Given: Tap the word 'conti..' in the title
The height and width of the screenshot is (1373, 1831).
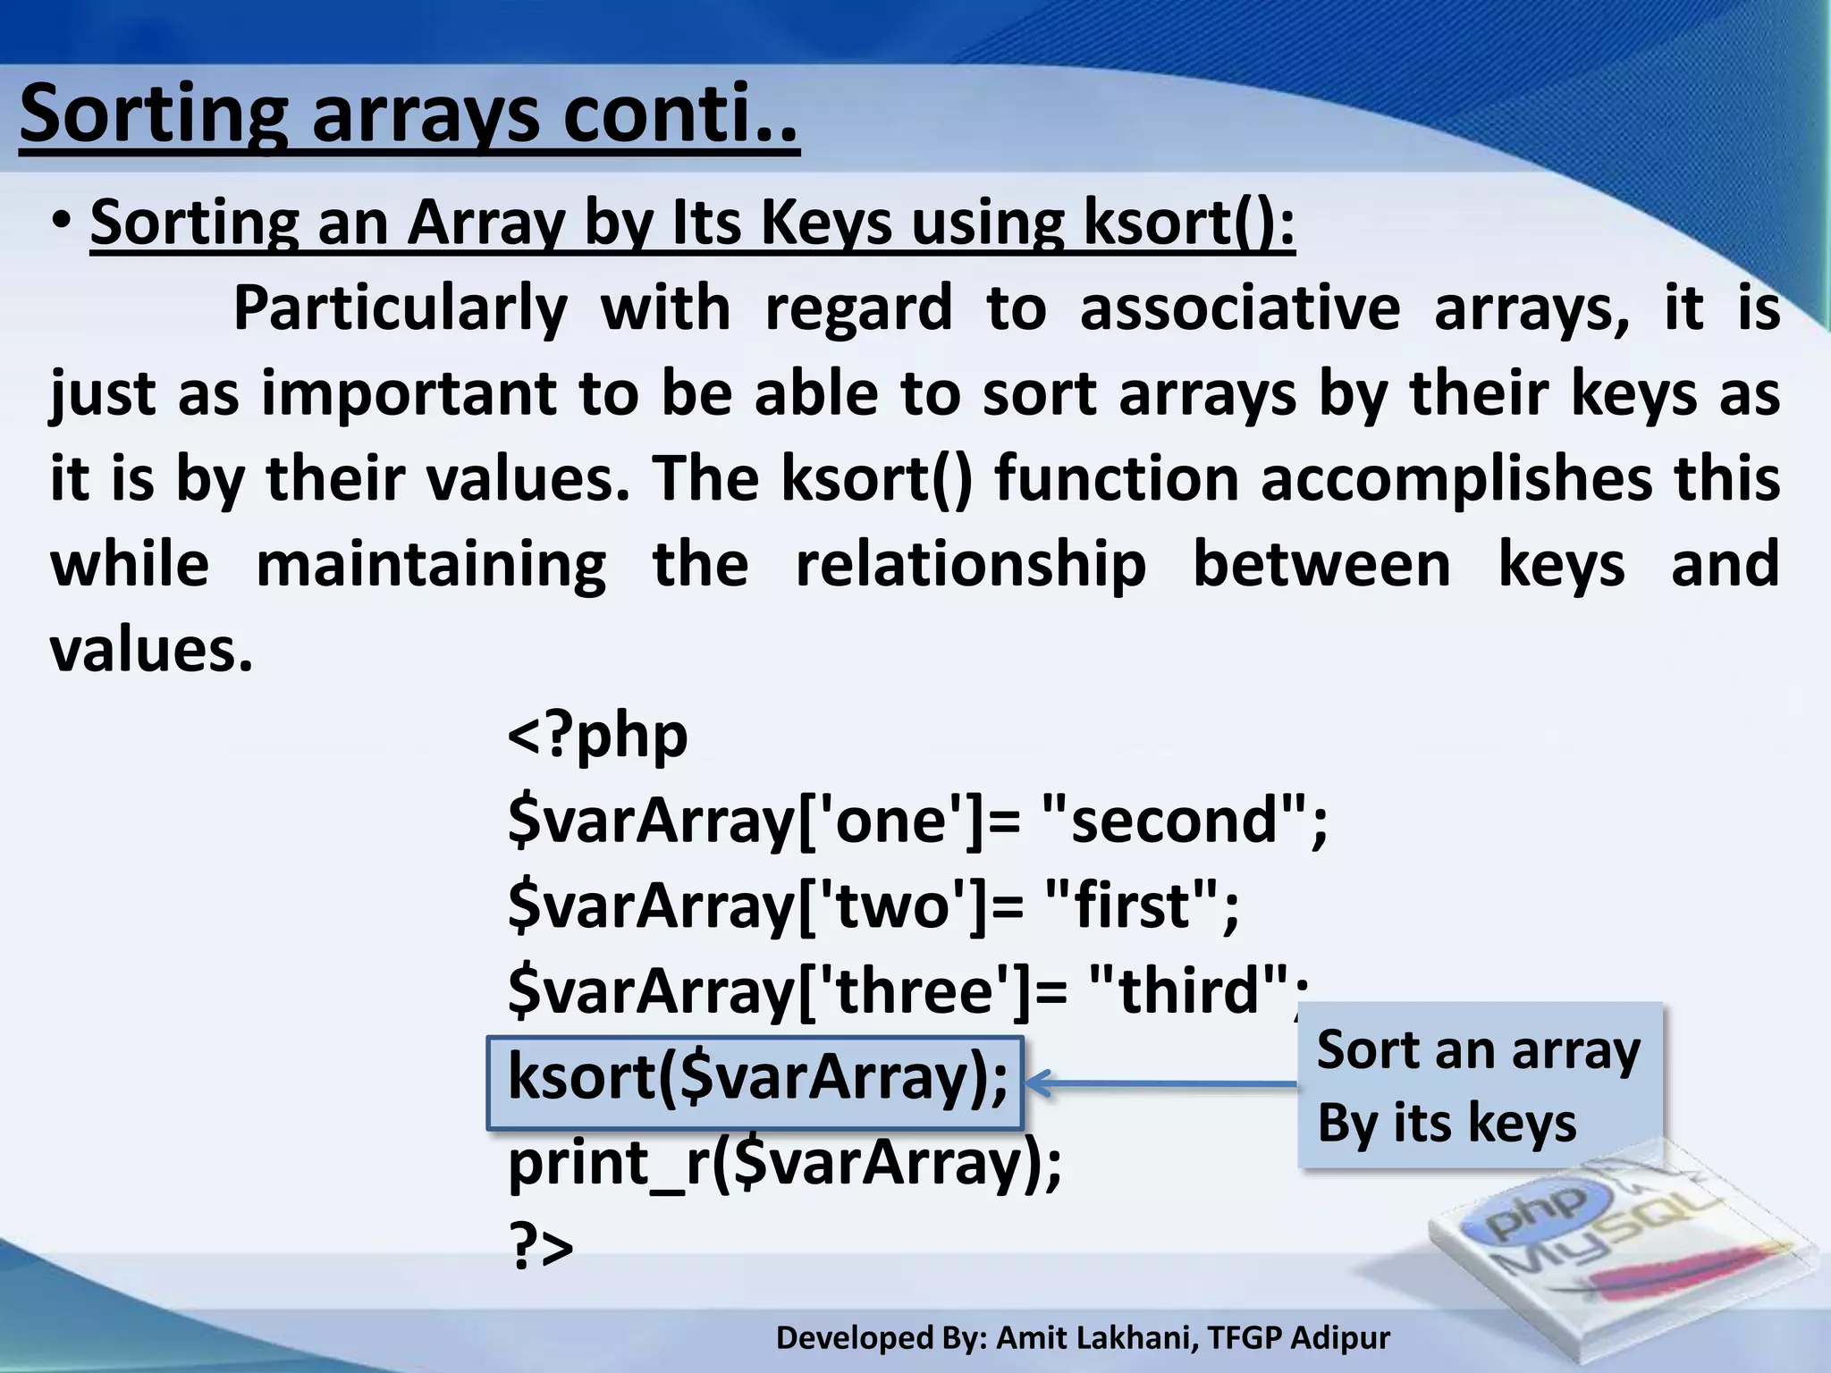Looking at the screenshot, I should pos(679,114).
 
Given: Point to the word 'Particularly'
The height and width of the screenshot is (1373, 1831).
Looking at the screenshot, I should pos(400,308).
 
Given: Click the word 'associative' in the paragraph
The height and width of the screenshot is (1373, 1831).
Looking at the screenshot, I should pos(1239,308).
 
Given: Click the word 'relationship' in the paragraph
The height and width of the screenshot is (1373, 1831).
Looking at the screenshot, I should pos(970,565).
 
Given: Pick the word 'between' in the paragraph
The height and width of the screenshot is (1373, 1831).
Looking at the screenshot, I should pos(1321,565).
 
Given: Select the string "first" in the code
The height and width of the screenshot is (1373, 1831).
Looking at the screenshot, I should pos(1130,906).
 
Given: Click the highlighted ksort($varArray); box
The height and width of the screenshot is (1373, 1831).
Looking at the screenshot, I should pos(755,1082).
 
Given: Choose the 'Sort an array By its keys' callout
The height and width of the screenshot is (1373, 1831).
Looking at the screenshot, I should pos(1479,1085).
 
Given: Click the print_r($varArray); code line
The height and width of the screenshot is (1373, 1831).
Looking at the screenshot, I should pos(784,1164).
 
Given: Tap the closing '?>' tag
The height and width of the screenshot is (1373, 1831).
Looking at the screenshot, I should pos(540,1248).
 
